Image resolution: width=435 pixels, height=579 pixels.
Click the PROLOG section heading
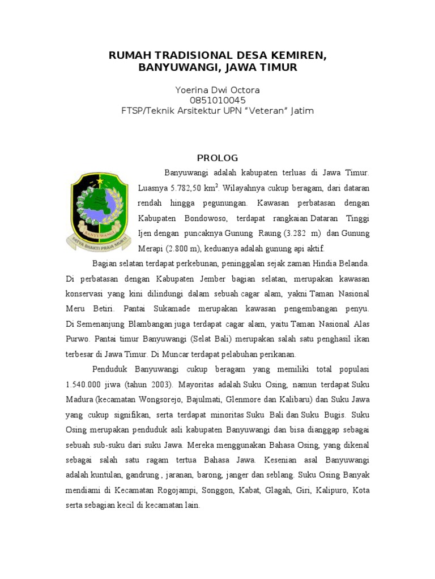point(217,158)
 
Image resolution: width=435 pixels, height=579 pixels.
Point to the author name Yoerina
point(193,90)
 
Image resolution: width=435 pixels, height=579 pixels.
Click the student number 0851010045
point(217,101)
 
